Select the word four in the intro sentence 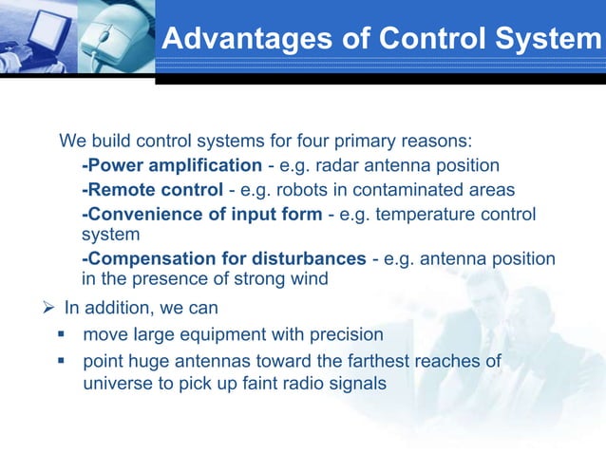coord(304,142)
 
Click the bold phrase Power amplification coord(171,165)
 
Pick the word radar coord(343,165)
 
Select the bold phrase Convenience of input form coord(202,213)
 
